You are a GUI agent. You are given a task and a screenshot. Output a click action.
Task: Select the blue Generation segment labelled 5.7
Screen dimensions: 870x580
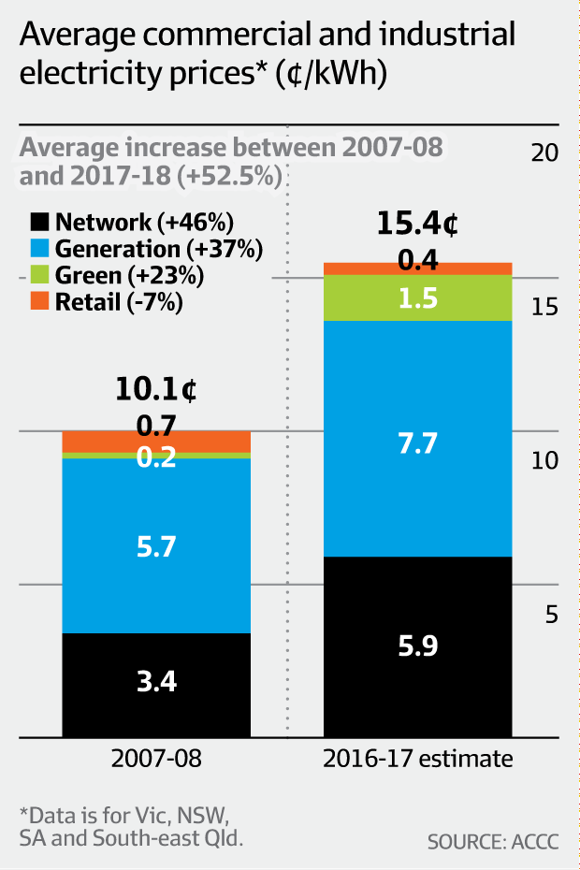coord(156,545)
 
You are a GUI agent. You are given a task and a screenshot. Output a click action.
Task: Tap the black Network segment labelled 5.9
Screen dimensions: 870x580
coord(417,646)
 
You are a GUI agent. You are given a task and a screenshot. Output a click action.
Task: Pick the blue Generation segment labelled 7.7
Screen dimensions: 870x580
coord(417,441)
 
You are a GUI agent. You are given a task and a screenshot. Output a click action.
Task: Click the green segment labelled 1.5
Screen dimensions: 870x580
coord(417,297)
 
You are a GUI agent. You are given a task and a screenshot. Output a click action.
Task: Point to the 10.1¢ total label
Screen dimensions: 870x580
coord(156,389)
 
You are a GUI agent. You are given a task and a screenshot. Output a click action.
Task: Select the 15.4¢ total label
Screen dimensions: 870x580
coord(417,225)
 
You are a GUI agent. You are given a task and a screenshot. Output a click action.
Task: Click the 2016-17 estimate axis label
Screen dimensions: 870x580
coord(417,758)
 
